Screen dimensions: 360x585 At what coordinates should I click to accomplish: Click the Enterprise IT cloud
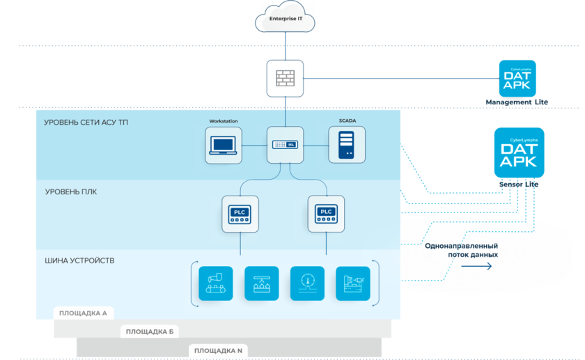click(x=286, y=19)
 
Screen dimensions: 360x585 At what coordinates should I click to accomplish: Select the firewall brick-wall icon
click(x=286, y=79)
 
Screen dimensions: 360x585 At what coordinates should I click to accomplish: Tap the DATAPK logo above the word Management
click(x=519, y=78)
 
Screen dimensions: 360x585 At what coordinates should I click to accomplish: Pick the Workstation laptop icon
click(x=224, y=145)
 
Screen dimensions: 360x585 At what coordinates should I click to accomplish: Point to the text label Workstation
click(x=224, y=121)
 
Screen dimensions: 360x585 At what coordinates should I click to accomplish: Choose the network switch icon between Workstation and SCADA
click(x=286, y=145)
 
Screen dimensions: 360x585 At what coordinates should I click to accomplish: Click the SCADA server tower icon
click(x=347, y=145)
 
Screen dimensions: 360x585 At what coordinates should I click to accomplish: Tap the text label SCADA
click(x=348, y=121)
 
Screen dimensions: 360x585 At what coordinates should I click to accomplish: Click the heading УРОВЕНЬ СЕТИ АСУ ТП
click(x=86, y=123)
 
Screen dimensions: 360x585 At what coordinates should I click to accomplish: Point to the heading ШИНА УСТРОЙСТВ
click(x=79, y=260)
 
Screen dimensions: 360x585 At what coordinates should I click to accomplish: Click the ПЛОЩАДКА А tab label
click(x=82, y=313)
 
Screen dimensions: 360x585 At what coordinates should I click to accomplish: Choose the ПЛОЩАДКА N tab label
click(x=218, y=350)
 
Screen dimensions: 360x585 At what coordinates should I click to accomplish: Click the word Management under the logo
click(x=508, y=102)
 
